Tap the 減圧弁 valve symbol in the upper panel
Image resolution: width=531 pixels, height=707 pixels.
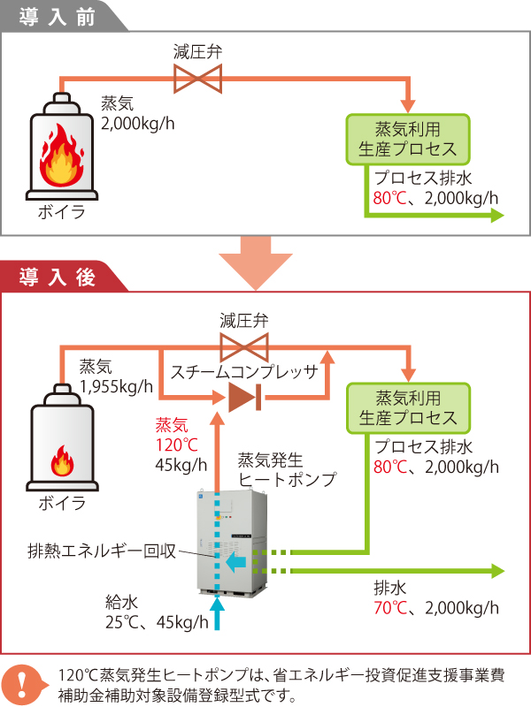click(197, 82)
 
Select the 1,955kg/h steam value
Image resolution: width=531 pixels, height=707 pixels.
click(115, 385)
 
